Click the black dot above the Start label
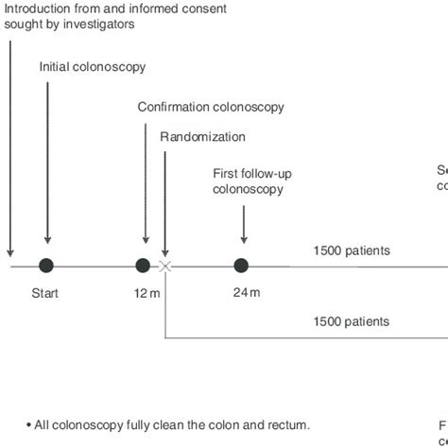click(x=46, y=266)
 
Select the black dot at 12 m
click(x=143, y=266)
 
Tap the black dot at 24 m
click(x=242, y=266)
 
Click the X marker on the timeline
click(x=165, y=267)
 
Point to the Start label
click(x=44, y=293)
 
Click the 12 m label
click(x=146, y=293)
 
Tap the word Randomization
click(x=202, y=137)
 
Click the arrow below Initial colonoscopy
click(x=47, y=161)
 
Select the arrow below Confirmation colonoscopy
click(x=145, y=184)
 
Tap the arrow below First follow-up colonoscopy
click(x=244, y=222)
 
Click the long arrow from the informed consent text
click(x=10, y=142)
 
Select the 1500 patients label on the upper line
click(x=352, y=251)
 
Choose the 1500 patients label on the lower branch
click(x=352, y=321)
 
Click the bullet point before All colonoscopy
click(x=28, y=425)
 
